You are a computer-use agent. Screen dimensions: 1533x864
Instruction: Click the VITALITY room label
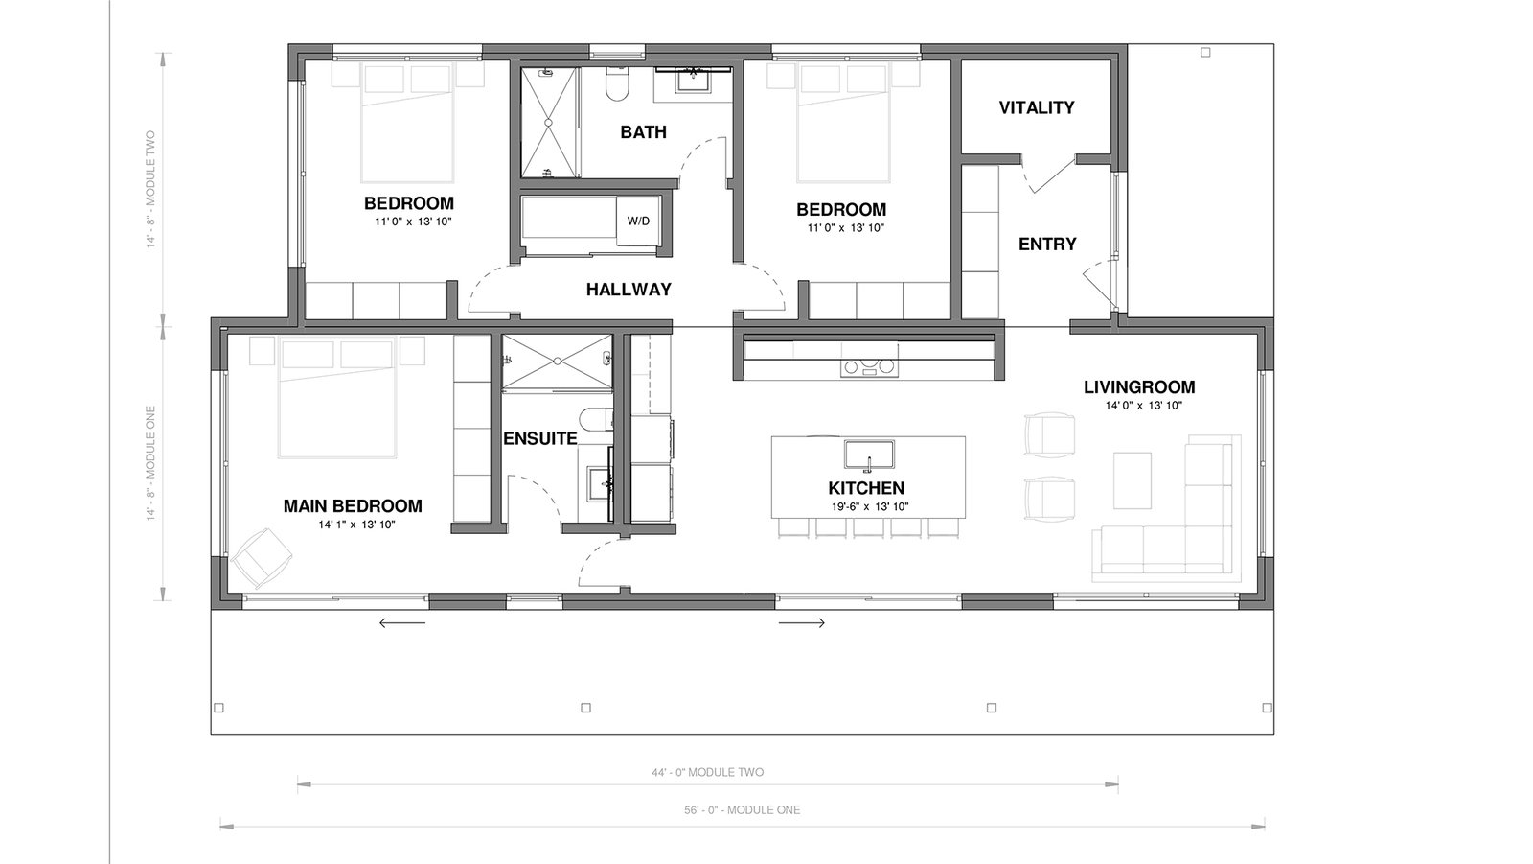1036,107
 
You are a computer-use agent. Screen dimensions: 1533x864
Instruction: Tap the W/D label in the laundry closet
638,222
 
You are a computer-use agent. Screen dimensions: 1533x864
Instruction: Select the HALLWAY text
629,290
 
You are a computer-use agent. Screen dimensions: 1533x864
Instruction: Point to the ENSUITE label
540,438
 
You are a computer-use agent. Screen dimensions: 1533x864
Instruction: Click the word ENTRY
1047,244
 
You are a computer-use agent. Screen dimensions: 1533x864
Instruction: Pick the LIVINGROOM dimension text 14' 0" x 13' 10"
1144,406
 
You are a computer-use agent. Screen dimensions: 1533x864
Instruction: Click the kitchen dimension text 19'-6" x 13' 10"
870,507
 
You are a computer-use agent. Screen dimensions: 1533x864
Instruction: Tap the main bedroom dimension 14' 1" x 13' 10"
356,525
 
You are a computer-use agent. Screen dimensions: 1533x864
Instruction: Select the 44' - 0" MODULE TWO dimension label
708,772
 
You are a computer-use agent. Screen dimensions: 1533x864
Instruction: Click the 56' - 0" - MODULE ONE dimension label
742,810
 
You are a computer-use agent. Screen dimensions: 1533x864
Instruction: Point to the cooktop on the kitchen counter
869,368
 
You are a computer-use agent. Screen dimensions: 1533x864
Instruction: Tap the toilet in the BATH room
617,83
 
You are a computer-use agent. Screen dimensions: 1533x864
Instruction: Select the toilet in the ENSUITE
595,419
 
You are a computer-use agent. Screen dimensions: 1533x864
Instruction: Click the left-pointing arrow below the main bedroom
402,622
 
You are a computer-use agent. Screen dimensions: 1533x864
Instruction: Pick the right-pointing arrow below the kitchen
801,622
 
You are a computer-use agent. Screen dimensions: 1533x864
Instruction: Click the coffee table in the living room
1132,480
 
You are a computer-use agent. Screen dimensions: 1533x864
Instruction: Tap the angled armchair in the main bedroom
262,557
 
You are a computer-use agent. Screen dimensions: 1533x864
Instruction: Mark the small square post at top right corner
1206,52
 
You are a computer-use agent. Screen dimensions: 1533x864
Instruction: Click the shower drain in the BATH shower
548,122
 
